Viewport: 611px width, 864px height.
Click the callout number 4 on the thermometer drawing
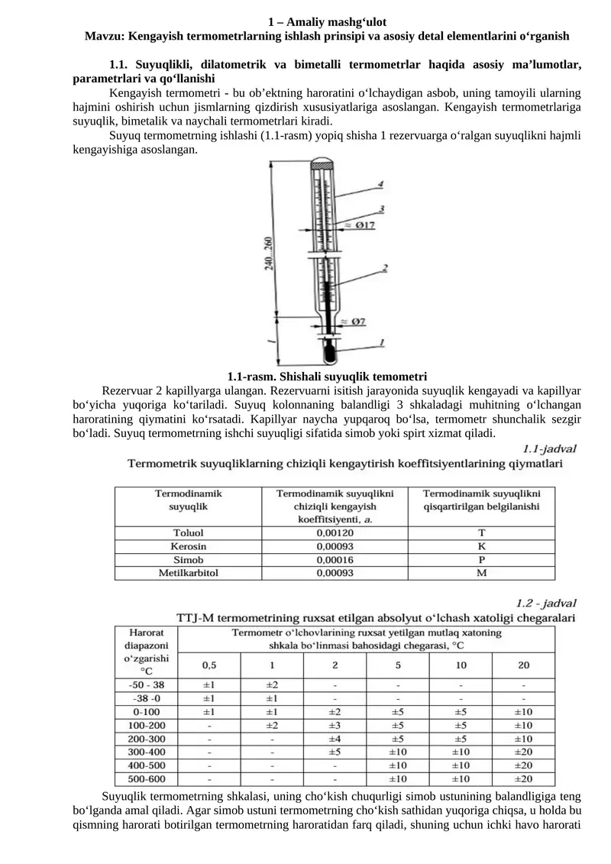pos(379,183)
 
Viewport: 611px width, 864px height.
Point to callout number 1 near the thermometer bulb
pos(380,343)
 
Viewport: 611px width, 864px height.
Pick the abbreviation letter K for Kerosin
pos(481,545)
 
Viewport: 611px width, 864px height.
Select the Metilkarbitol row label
pos(188,572)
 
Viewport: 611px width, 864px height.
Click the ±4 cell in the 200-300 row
pos(335,739)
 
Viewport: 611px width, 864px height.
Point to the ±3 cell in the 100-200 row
pos(335,725)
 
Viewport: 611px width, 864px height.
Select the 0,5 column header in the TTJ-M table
pos(209,664)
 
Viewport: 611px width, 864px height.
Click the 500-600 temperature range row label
pos(147,778)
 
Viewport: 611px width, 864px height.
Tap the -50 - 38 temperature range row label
pos(147,684)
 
